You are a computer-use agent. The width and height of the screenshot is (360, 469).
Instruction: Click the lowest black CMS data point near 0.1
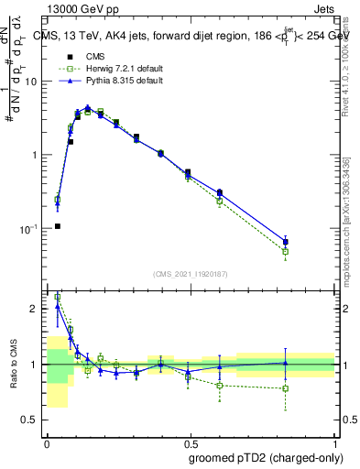(57, 226)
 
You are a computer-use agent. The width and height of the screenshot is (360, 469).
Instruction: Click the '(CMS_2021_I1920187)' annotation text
(191, 273)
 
